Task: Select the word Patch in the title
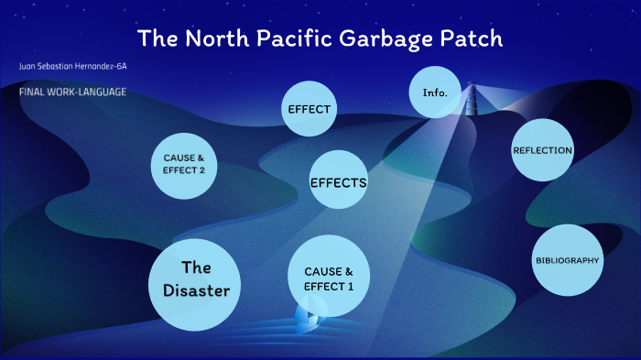[x=471, y=40]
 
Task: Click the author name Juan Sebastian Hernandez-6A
[x=72, y=67]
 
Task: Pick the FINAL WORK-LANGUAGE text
[x=72, y=92]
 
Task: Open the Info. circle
[x=435, y=93]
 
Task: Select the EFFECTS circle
[x=338, y=182]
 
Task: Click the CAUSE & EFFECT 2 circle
[x=183, y=164]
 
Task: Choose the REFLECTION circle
[x=543, y=150]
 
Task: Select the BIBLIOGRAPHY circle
[x=568, y=260]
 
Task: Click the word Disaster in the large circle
[x=196, y=291]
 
